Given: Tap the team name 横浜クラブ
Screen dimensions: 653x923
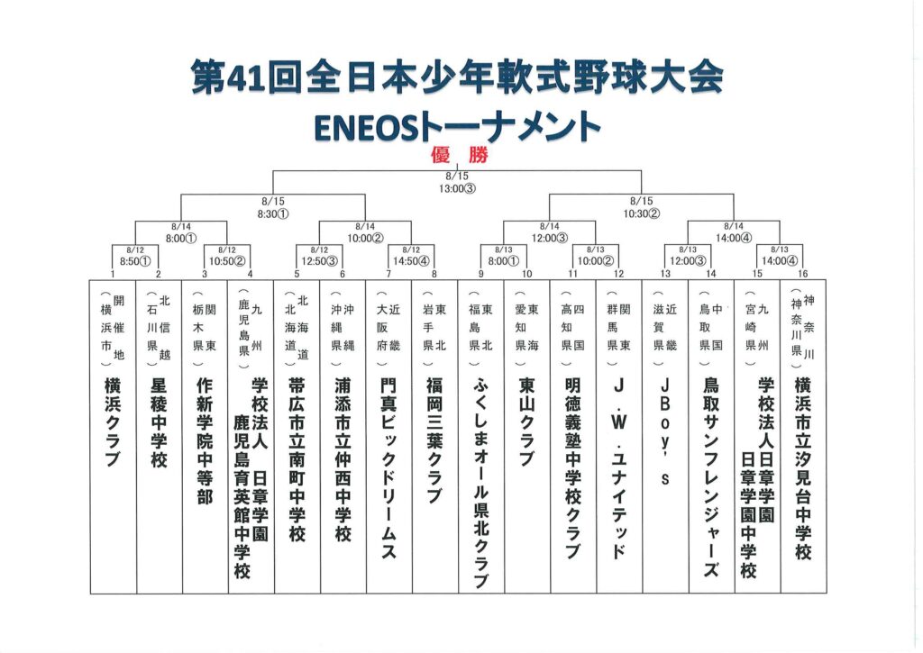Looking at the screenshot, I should coord(114,422).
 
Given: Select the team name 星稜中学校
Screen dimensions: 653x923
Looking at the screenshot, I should coord(160,422).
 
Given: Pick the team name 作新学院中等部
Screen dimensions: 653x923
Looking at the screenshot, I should coord(205,440).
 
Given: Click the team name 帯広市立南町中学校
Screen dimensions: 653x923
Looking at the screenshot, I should coord(297,460).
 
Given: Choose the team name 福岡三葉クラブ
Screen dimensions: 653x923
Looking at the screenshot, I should coord(434,440).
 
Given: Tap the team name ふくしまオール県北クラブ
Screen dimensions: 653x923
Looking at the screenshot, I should coord(480,483).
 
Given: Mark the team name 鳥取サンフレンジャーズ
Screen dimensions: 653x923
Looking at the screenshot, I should coord(711,476).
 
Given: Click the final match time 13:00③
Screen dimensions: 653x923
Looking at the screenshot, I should coord(457,189).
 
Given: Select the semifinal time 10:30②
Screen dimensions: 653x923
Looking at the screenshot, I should coord(642,214).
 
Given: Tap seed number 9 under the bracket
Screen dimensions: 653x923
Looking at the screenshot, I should coord(480,274).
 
